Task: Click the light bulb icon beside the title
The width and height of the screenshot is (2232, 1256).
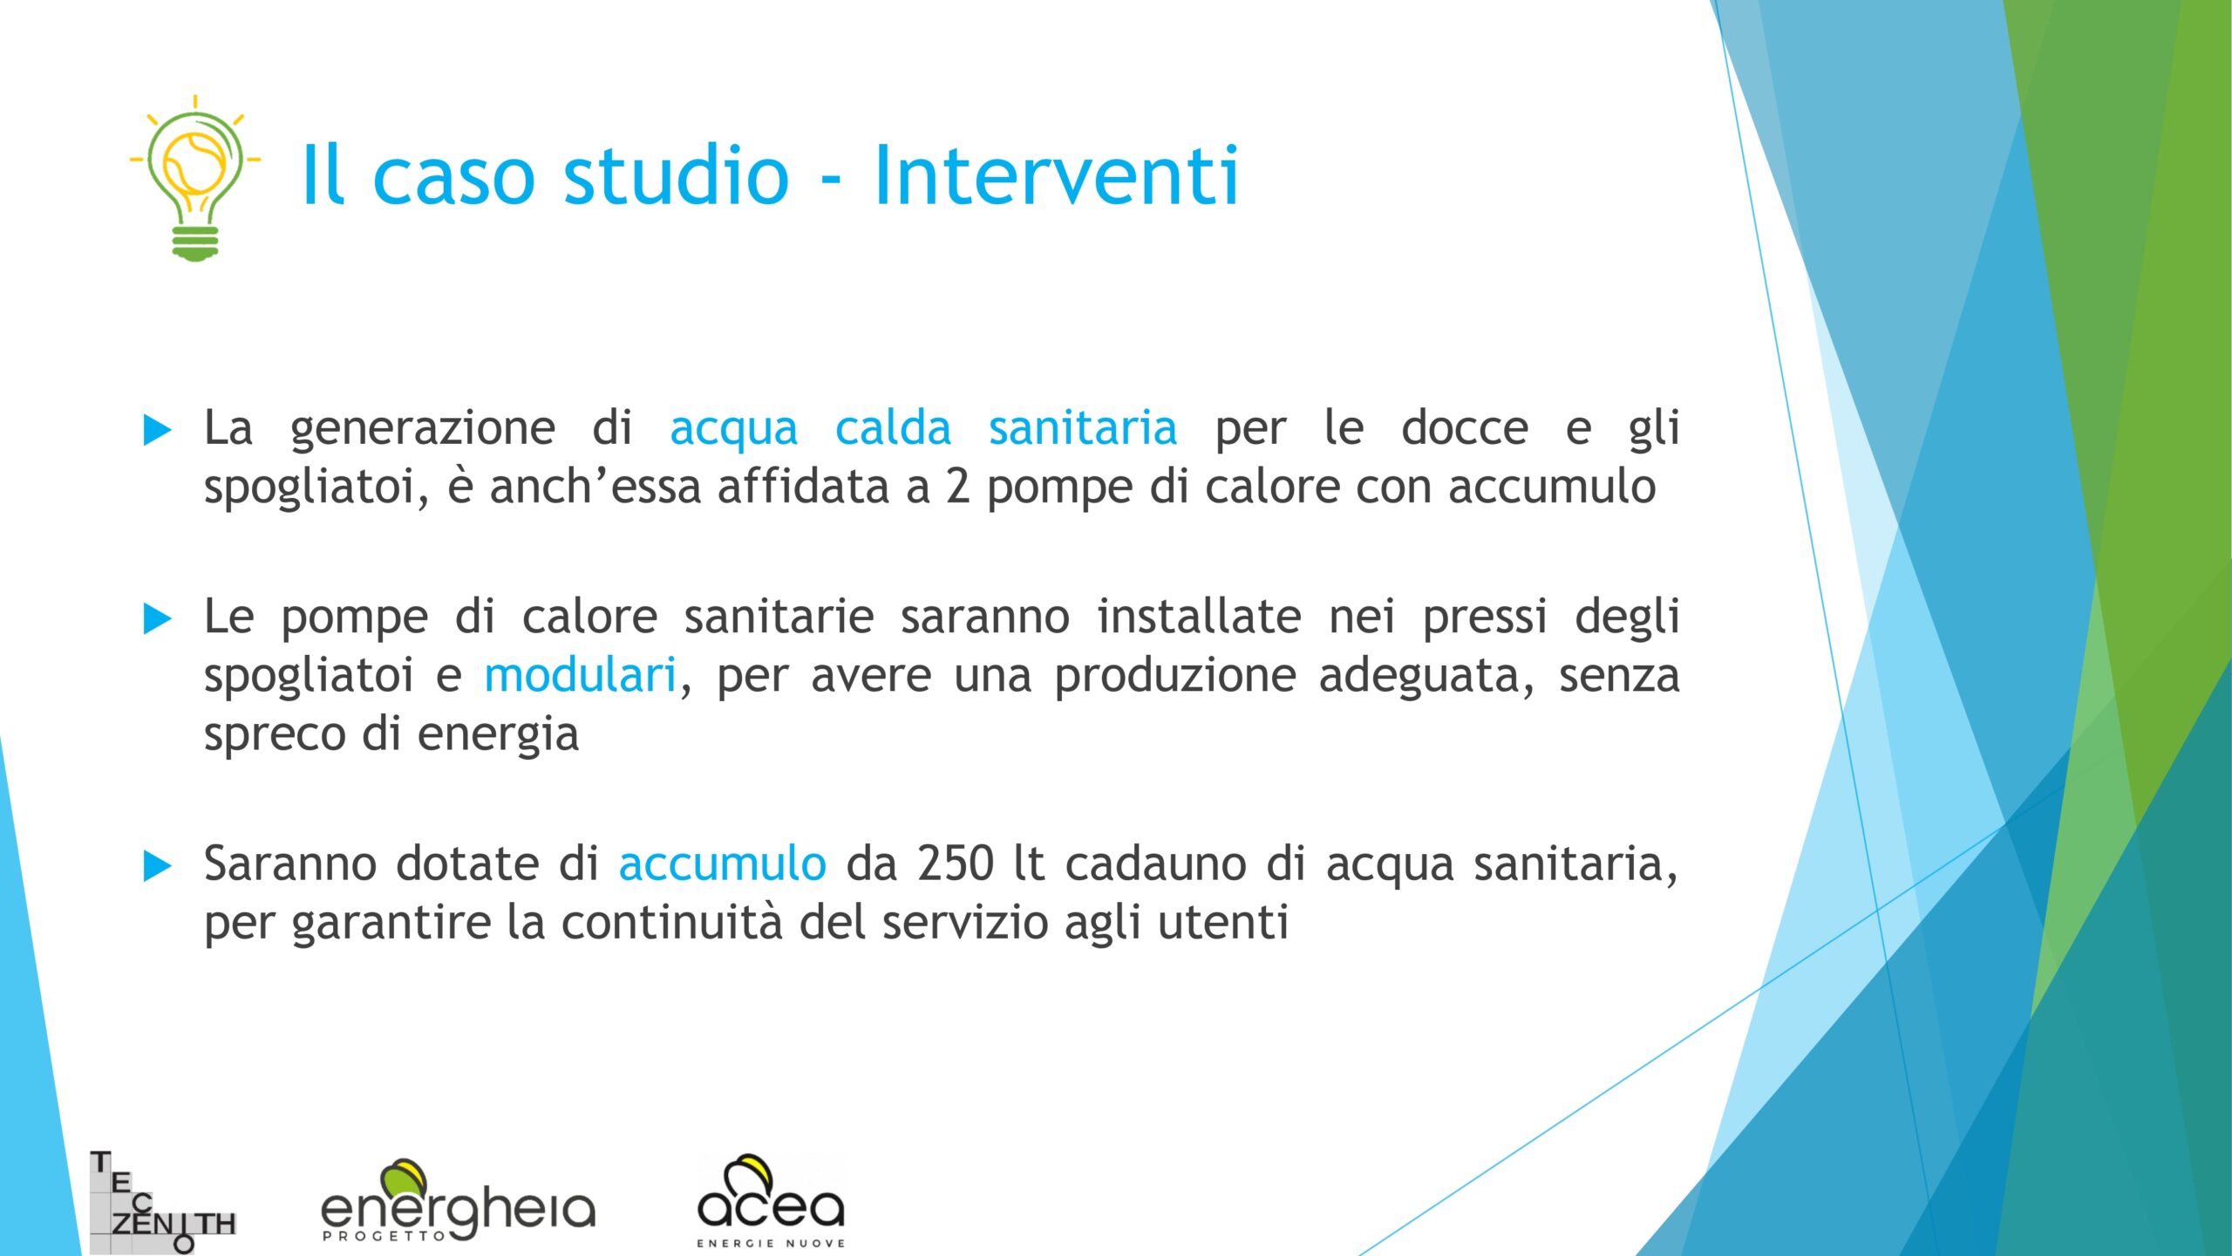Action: tap(195, 178)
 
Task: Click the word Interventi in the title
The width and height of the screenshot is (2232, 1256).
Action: tap(1056, 175)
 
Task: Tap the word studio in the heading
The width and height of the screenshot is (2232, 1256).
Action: tap(677, 175)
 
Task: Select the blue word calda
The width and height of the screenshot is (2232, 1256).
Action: tap(893, 428)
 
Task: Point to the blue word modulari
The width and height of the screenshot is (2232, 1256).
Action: tap(580, 675)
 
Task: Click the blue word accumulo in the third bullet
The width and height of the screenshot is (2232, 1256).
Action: tap(722, 864)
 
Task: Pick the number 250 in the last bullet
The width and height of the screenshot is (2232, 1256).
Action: tap(955, 864)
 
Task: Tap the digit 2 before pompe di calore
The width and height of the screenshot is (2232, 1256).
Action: tap(957, 487)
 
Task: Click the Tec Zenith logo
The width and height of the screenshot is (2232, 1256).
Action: tap(163, 1202)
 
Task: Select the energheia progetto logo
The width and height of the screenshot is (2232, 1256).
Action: tap(458, 1200)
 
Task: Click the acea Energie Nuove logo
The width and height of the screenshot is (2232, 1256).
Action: tap(771, 1201)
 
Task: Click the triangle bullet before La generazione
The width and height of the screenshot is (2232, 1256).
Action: tap(157, 430)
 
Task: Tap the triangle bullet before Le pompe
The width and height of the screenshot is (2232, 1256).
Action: tap(157, 619)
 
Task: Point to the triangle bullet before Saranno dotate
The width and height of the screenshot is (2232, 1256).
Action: tap(157, 866)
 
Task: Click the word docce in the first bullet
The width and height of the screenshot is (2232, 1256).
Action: tap(1465, 428)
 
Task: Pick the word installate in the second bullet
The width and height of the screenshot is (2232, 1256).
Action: tap(1199, 617)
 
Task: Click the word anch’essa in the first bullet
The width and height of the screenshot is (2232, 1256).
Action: tap(595, 487)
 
